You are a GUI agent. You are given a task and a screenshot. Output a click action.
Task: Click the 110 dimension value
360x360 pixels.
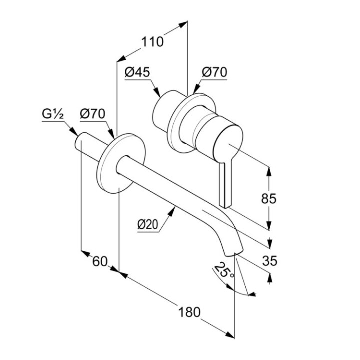point(152,42)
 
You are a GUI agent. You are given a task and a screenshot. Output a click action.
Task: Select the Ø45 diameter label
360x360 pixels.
point(137,72)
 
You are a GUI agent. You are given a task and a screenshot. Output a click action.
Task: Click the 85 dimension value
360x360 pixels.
point(269,198)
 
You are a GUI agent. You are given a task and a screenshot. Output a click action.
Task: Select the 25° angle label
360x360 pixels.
point(223,272)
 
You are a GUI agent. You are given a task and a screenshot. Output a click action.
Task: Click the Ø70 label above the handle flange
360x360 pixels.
point(214,72)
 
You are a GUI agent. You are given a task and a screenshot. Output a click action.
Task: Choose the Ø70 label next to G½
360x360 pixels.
point(92,114)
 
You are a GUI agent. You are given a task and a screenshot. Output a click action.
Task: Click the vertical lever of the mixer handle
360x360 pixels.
point(225,182)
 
